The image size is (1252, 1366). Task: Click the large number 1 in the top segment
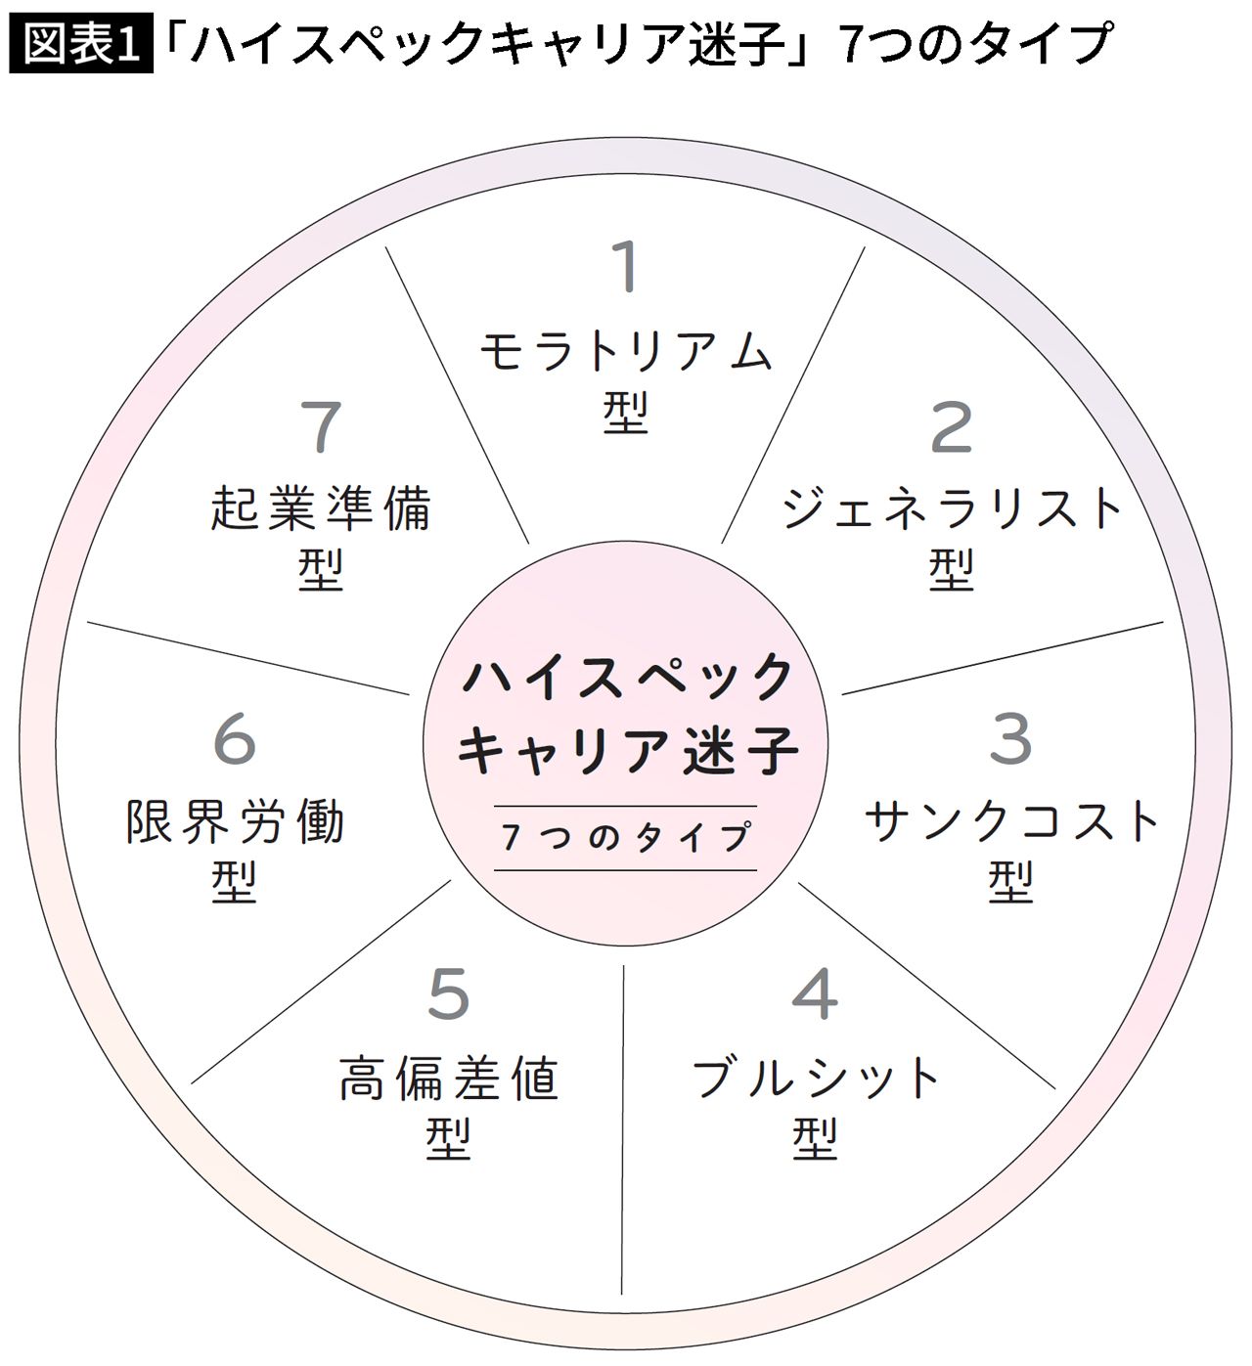pos(625,267)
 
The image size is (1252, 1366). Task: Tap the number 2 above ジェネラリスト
pos(951,426)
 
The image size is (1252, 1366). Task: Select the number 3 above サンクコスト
pos(1010,739)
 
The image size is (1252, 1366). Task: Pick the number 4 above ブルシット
pos(815,993)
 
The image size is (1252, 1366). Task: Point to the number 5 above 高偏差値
pos(449,993)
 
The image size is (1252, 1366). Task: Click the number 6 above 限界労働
pos(235,739)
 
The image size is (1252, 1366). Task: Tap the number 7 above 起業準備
pos(320,426)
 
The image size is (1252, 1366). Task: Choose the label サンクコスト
pos(1010,820)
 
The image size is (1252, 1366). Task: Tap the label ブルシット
pos(815,1078)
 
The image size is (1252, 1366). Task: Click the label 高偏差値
pos(449,1078)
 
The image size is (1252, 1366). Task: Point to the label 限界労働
pos(235,821)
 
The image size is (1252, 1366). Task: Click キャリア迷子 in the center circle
pos(627,750)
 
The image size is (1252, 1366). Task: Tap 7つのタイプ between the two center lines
pos(625,837)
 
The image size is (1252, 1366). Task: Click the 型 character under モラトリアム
pos(625,413)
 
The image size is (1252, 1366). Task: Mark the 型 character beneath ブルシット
pos(815,1138)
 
